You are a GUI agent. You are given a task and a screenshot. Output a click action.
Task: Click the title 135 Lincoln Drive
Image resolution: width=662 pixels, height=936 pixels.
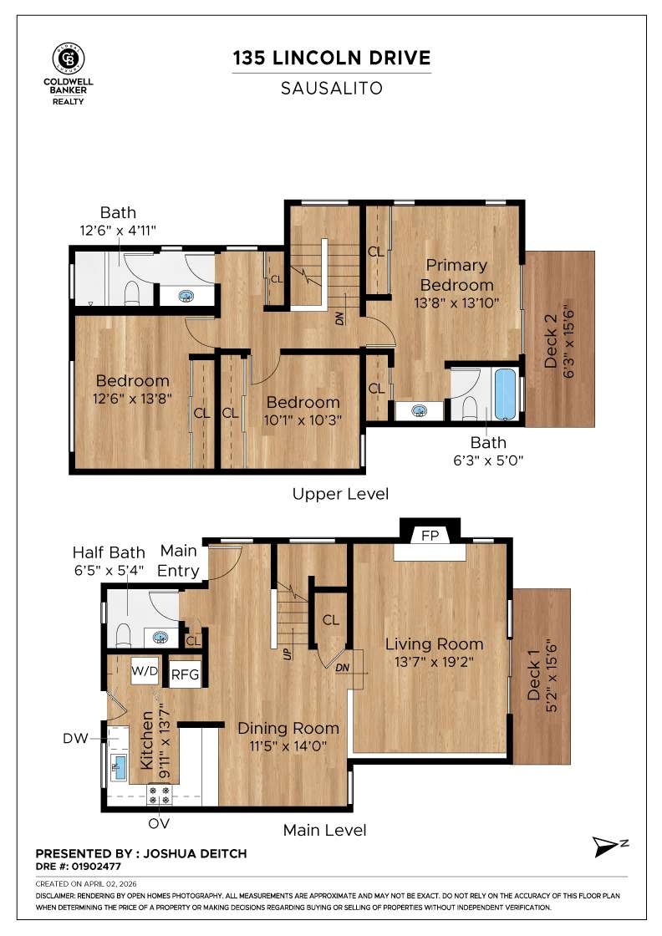click(332, 58)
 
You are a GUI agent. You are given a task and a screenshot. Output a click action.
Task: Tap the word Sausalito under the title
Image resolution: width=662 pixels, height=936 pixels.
click(332, 88)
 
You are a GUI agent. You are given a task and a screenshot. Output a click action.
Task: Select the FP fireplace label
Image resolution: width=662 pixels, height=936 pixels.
click(430, 534)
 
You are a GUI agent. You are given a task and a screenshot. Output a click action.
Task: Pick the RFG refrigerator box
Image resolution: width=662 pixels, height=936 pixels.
click(185, 675)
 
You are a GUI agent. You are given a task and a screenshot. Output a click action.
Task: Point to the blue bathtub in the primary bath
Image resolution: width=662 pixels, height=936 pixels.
click(507, 394)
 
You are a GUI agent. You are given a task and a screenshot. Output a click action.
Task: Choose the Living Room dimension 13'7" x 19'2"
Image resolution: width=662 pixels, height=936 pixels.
click(434, 662)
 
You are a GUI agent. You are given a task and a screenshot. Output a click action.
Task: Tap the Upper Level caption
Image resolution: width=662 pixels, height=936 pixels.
click(340, 494)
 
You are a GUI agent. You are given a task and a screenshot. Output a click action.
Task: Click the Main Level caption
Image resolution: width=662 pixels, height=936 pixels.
click(324, 830)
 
